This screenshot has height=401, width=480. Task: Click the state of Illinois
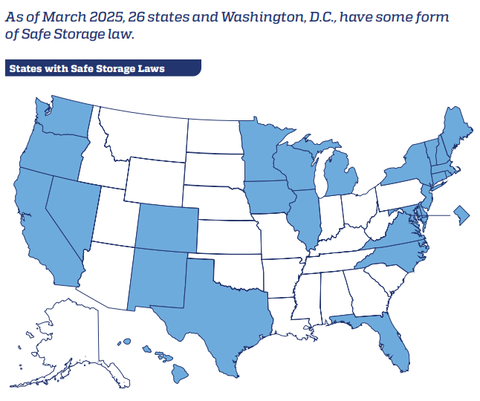[305, 215]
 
